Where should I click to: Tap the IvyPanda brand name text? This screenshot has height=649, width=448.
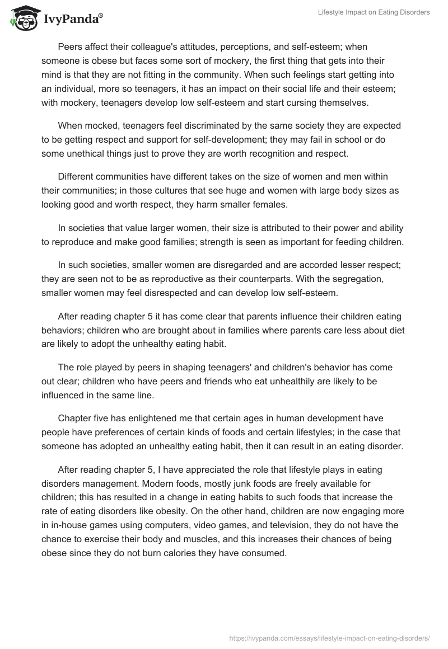coord(72,20)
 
